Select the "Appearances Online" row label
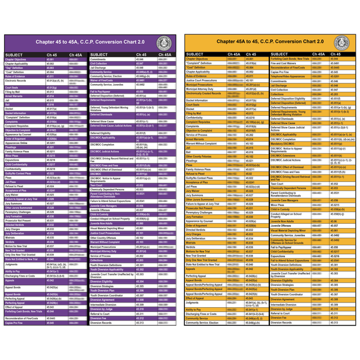19,143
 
